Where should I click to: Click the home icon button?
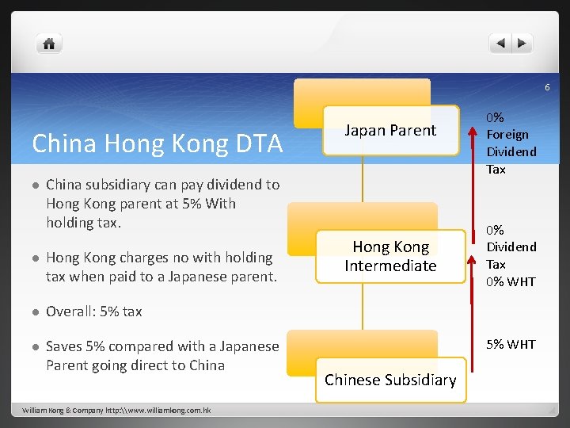point(49,44)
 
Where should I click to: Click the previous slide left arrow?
point(500,44)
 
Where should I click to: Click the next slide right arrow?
point(522,44)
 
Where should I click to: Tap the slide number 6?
point(546,87)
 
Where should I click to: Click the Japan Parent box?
point(390,131)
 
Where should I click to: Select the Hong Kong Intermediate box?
point(390,257)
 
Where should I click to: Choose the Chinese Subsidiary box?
point(390,380)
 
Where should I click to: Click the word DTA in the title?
point(256,143)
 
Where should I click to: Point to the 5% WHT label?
point(511,344)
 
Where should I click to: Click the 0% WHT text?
point(511,281)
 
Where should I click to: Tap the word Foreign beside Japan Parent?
point(507,135)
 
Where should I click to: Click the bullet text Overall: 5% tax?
point(94,311)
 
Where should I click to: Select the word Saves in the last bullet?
point(63,346)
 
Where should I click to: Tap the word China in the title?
point(64,143)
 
